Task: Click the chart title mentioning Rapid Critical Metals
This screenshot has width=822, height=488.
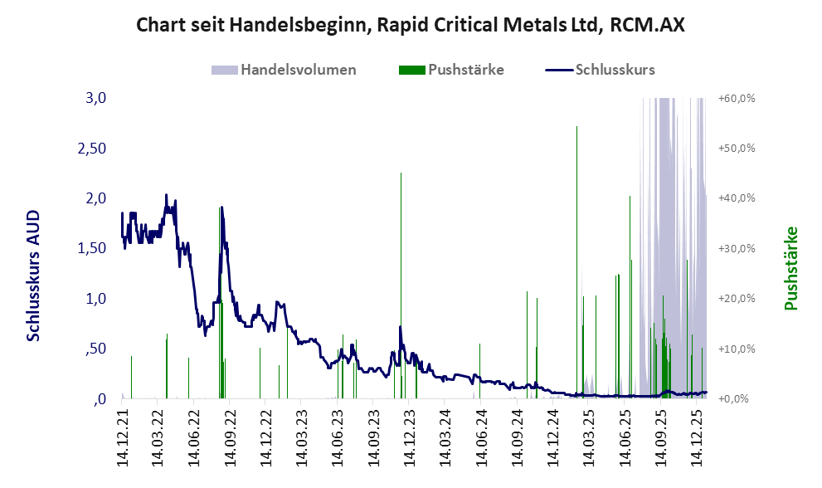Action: (x=411, y=25)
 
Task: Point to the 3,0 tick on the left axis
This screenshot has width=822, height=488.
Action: (x=96, y=98)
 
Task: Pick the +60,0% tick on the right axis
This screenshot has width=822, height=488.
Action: (x=736, y=98)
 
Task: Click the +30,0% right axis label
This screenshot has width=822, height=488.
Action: (x=736, y=248)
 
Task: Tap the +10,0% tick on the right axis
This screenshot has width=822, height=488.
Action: (x=736, y=349)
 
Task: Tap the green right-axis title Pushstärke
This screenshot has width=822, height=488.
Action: (x=790, y=268)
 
